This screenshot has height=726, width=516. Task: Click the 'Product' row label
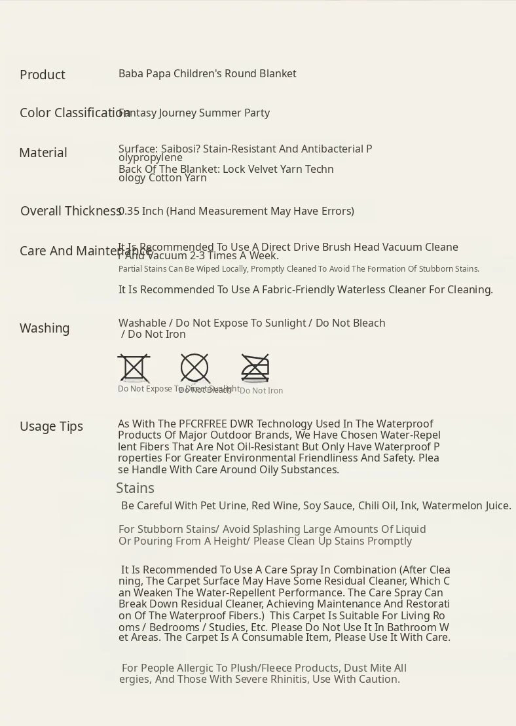click(43, 75)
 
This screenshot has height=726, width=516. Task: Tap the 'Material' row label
click(43, 153)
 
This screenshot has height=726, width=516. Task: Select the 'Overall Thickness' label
click(71, 211)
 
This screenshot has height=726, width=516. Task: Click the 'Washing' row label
click(45, 328)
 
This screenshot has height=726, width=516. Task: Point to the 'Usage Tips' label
click(51, 426)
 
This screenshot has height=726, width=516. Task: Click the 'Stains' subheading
click(135, 488)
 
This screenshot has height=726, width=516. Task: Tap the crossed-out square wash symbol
click(134, 368)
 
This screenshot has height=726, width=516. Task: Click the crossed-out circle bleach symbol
click(194, 368)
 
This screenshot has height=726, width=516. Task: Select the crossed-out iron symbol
click(255, 368)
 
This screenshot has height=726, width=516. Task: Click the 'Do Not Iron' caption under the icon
click(261, 391)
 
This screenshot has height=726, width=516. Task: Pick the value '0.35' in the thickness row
click(129, 211)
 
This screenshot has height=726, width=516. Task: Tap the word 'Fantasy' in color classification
click(139, 113)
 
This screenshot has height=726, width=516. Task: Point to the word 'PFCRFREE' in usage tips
click(203, 424)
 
